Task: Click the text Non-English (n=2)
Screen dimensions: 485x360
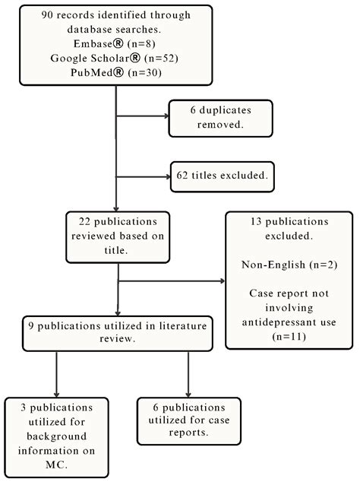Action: pos(292,268)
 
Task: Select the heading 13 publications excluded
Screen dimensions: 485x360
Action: pos(292,229)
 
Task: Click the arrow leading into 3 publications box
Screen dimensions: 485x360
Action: pos(55,384)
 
